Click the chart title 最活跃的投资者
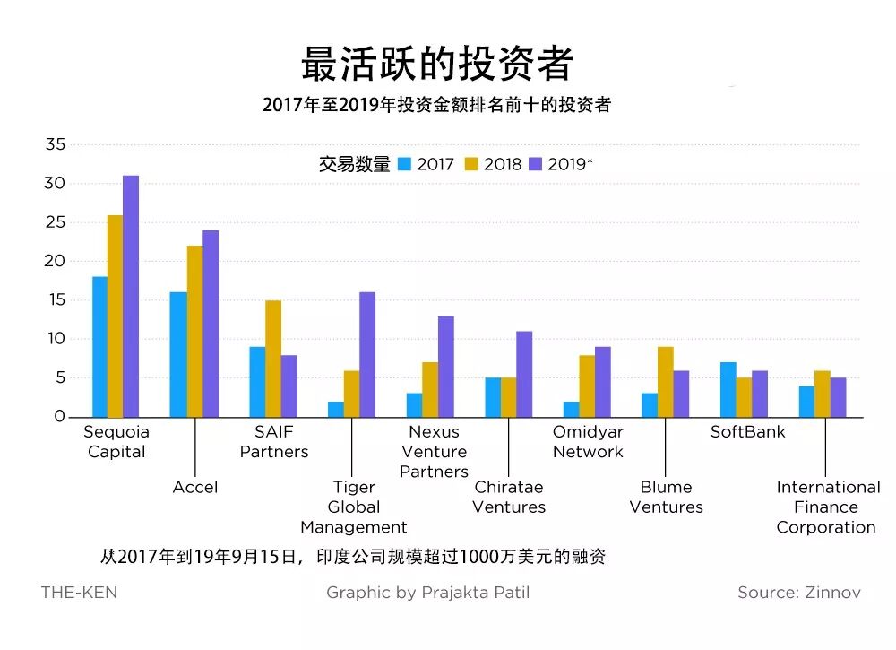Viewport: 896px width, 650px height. (x=436, y=64)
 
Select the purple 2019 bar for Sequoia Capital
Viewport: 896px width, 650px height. (x=131, y=296)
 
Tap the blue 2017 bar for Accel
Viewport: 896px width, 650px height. (x=177, y=354)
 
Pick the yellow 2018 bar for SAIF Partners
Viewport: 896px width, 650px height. (x=272, y=359)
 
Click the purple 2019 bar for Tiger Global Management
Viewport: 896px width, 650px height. (x=366, y=354)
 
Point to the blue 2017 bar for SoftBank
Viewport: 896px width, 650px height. (x=728, y=389)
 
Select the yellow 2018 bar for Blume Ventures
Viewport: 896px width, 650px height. (x=665, y=382)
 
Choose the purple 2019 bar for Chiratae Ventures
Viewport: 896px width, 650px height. (x=524, y=374)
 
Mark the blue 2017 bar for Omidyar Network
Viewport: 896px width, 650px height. (x=571, y=409)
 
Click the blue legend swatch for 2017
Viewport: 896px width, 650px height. (x=404, y=164)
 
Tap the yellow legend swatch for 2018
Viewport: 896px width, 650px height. (x=471, y=164)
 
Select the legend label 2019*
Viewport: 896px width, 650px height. (x=570, y=164)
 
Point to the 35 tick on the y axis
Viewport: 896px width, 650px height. (x=55, y=144)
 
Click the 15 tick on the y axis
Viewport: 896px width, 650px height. (x=55, y=300)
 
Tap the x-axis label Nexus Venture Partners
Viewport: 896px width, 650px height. (x=434, y=452)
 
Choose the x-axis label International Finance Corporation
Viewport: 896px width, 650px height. (x=827, y=507)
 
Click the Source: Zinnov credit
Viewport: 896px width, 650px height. (x=798, y=593)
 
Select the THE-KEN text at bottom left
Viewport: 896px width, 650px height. (x=79, y=593)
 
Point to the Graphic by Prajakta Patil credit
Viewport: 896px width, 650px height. (x=428, y=593)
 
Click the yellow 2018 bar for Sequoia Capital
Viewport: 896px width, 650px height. (x=115, y=316)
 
